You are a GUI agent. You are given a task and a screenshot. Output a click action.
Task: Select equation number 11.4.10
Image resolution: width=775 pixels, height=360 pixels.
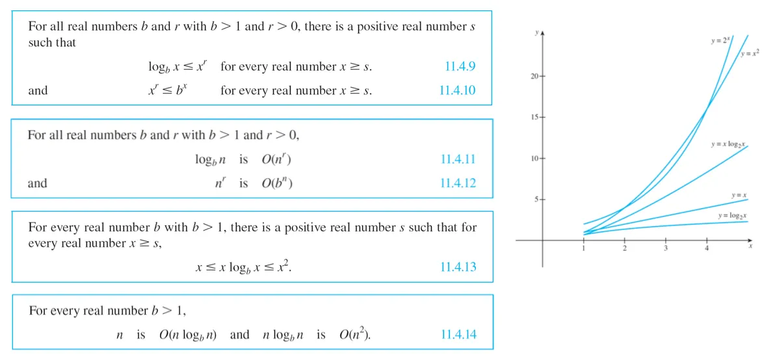tap(457, 90)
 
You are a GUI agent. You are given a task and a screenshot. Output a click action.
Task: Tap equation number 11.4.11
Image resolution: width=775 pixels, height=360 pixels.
tap(458, 159)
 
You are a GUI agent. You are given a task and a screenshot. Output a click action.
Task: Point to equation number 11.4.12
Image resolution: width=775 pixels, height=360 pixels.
tap(458, 183)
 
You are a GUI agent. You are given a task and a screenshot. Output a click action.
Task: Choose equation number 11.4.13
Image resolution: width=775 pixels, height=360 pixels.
tap(458, 266)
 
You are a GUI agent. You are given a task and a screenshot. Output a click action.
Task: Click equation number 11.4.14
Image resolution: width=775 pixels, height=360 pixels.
tap(458, 335)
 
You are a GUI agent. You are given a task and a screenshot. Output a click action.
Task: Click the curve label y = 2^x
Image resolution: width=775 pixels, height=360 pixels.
tap(720, 40)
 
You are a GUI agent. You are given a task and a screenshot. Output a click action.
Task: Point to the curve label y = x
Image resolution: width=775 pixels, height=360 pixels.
tap(738, 195)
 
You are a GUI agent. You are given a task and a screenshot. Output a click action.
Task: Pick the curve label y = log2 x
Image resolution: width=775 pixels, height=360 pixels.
tap(732, 215)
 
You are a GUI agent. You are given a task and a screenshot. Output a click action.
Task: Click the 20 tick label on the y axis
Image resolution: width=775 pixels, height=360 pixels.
tap(534, 77)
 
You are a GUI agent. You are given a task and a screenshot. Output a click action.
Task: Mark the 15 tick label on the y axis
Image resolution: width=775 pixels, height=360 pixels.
tap(534, 118)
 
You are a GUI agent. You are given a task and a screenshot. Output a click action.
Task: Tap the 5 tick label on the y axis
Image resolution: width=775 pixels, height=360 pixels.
tap(536, 199)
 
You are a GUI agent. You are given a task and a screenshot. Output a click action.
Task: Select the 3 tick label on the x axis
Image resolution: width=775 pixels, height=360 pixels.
tap(666, 249)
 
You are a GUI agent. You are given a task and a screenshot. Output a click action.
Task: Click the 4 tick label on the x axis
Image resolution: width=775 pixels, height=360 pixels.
tap(707, 249)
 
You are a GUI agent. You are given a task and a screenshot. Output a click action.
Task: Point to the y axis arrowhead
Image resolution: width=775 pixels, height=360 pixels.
tap(542, 32)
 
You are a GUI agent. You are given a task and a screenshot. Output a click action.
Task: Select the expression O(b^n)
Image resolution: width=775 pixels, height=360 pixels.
tap(277, 183)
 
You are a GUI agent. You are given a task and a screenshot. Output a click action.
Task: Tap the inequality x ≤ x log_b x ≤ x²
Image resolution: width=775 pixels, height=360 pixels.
tap(244, 266)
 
